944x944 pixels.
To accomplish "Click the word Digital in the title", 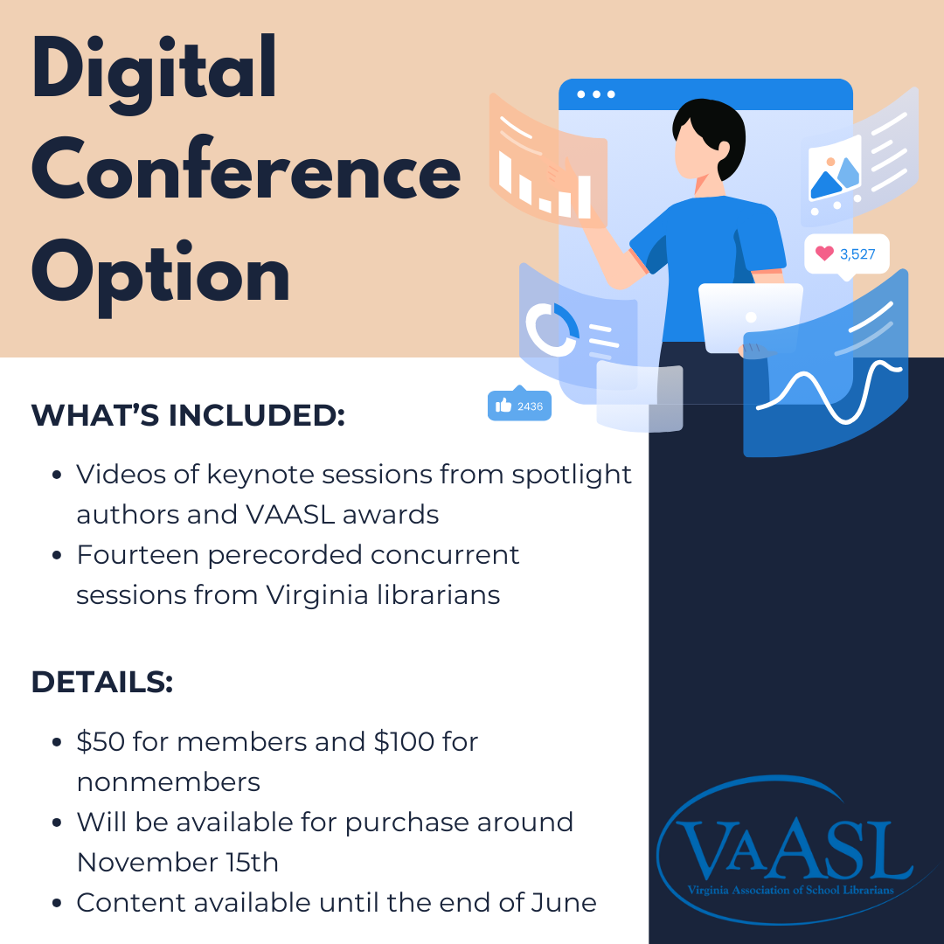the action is [x=154, y=73].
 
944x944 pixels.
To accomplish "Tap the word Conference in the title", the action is [x=246, y=168].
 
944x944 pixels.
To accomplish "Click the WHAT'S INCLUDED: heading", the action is [x=188, y=415].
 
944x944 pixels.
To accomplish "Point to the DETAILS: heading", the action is [x=102, y=682].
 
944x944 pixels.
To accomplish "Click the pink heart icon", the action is [x=824, y=253].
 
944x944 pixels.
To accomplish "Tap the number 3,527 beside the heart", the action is [x=857, y=254].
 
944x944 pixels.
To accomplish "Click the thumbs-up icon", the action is [x=503, y=406].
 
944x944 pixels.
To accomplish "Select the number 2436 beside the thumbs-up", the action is [x=530, y=406].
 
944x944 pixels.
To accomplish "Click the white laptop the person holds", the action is [x=750, y=317].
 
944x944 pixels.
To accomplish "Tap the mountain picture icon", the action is [x=835, y=175].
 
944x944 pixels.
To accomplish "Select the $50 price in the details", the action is [x=101, y=742].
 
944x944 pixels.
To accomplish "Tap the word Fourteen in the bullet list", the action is [x=138, y=554].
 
